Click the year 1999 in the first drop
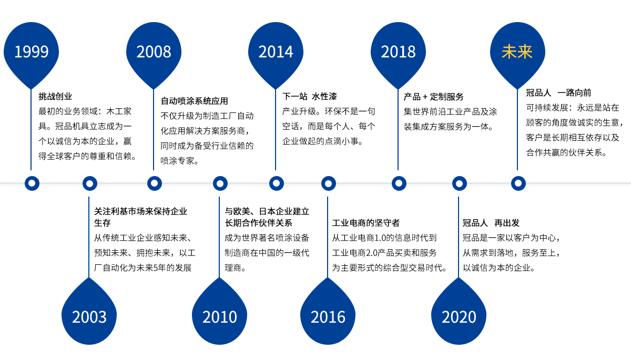click(31, 52)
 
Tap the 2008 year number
click(154, 52)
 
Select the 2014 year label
click(276, 52)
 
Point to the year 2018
click(398, 52)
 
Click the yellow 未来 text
click(517, 52)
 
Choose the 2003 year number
click(89, 317)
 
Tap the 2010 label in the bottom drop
click(220, 317)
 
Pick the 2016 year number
click(328, 317)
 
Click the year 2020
click(459, 317)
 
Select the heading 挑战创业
click(55, 96)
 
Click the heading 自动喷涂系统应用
click(195, 101)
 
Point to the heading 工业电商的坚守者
click(366, 223)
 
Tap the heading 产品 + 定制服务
click(433, 97)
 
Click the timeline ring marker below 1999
click(32, 183)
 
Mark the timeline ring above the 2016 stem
click(329, 183)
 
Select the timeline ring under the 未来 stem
click(518, 183)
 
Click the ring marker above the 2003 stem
click(90, 183)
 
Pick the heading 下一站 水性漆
click(310, 96)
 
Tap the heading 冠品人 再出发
click(491, 223)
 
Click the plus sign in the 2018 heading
click(425, 97)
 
